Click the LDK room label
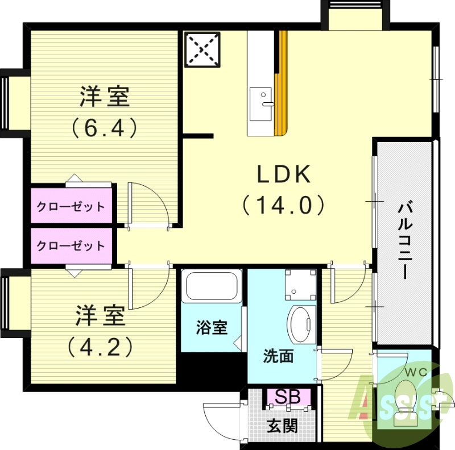(284, 175)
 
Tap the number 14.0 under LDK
(284, 205)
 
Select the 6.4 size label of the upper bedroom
(105, 127)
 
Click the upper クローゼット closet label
(71, 206)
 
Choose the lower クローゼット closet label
(71, 245)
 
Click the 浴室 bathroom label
(212, 328)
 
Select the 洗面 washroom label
(278, 357)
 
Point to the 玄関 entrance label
(283, 426)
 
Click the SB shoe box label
(288, 397)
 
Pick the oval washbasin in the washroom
(301, 324)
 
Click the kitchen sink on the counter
(262, 103)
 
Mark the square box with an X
(202, 49)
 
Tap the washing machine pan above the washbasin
(300, 284)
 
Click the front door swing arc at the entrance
(219, 420)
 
